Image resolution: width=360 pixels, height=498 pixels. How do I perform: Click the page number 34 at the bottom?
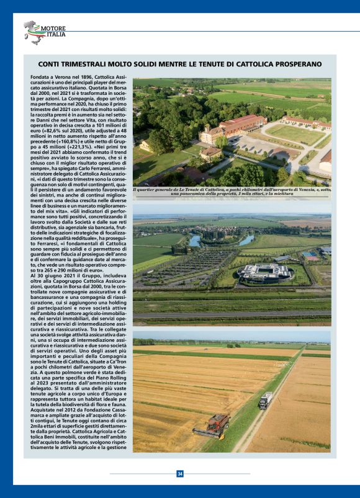tap(180, 474)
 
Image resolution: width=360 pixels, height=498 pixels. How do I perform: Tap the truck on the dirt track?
tap(265, 400)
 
